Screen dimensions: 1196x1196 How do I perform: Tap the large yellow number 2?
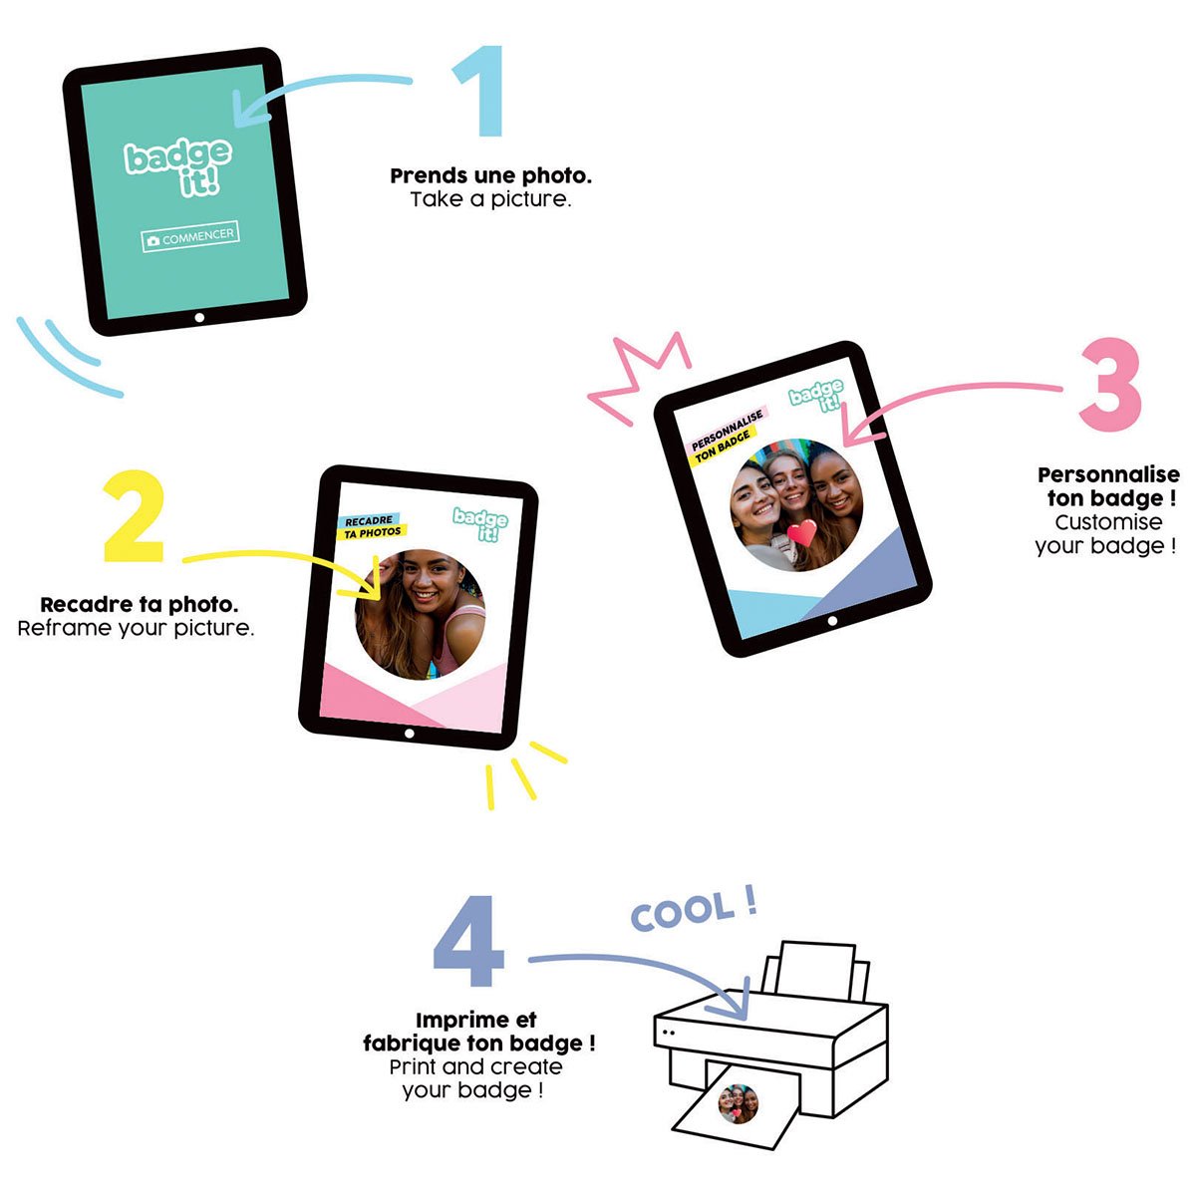(135, 517)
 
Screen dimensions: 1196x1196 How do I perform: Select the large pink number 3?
(1110, 384)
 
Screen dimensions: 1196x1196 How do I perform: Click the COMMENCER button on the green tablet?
(190, 236)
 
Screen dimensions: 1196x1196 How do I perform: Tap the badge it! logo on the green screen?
(179, 167)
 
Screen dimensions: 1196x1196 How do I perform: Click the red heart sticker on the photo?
(802, 532)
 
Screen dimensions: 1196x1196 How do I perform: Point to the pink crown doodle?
(639, 378)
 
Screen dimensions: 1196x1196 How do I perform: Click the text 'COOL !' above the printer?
(695, 911)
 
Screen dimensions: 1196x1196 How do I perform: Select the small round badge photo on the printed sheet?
(738, 1104)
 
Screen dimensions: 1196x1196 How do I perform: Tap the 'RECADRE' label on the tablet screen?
(369, 520)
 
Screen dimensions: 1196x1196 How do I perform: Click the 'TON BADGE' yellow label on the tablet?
(723, 447)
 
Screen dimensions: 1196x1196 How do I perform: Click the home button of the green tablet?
(199, 318)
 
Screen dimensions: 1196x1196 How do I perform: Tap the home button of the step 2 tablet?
(409, 734)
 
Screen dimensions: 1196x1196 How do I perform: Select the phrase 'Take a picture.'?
(490, 200)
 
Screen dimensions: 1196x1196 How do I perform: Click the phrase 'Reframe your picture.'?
(136, 628)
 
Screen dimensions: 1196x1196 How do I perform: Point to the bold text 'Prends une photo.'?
(491, 175)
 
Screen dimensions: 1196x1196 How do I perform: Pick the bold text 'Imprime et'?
(476, 1020)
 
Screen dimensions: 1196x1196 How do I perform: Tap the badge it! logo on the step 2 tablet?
(481, 524)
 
